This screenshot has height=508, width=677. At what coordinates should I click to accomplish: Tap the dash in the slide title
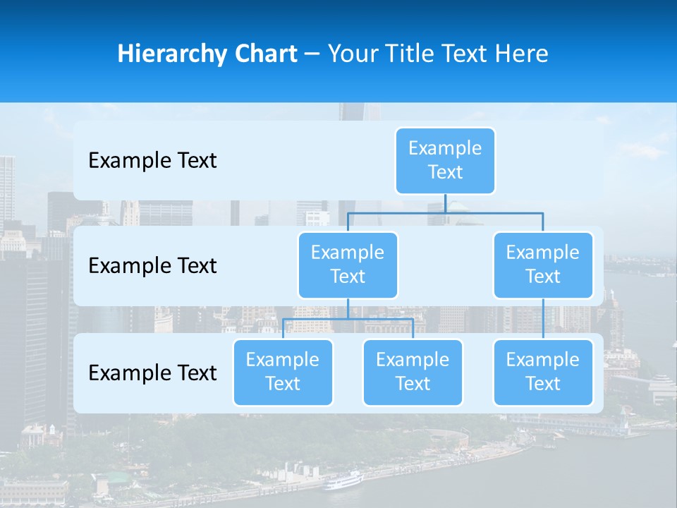[x=312, y=54]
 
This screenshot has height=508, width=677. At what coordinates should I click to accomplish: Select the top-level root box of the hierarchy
[x=445, y=161]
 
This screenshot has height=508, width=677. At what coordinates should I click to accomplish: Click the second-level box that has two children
[x=348, y=265]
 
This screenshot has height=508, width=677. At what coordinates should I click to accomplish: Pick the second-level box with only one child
[x=543, y=265]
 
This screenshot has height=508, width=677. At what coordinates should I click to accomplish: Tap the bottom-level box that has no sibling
[x=543, y=373]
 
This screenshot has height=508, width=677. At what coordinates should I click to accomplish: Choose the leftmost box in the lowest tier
[x=283, y=373]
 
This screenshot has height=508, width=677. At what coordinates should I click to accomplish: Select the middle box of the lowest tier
[x=413, y=373]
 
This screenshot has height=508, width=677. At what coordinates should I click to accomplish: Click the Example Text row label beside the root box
[x=152, y=161]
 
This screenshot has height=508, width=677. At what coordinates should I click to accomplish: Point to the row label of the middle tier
[x=152, y=266]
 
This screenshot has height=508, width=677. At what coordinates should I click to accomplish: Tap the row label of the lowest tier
[x=152, y=373]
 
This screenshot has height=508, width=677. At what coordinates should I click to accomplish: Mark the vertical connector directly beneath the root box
[x=445, y=203]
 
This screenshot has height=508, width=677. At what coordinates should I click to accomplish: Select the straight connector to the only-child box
[x=543, y=319]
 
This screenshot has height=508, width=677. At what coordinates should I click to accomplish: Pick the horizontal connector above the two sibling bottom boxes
[x=348, y=320]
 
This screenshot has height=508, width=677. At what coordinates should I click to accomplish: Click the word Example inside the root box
[x=445, y=148]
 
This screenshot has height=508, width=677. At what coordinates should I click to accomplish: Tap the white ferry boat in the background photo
[x=343, y=481]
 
